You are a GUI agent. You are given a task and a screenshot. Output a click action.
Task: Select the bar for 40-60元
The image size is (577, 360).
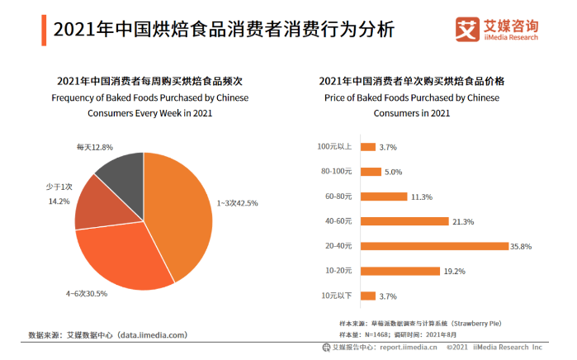click(404, 221)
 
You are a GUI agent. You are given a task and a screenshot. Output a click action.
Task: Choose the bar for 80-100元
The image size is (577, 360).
click(370, 172)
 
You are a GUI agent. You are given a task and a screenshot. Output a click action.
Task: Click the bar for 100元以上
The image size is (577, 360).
click(367, 147)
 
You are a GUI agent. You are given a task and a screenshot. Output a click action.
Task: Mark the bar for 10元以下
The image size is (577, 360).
click(367, 295)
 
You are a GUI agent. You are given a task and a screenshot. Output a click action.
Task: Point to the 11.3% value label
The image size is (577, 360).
click(422, 197)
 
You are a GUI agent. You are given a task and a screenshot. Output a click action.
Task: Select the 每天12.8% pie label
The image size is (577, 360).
click(94, 147)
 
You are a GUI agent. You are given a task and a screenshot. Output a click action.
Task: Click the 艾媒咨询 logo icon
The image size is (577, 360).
click(467, 30)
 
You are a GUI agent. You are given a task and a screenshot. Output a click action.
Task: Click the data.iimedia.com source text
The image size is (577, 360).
click(152, 334)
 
